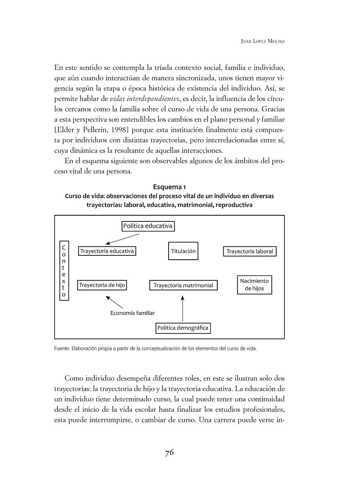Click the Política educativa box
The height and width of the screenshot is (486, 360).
pyautogui.click(x=148, y=226)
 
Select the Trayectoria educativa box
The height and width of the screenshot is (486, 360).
pyautogui.click(x=107, y=251)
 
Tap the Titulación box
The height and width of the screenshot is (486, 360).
pyautogui.click(x=183, y=251)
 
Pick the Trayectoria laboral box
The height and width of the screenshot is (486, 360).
pyautogui.click(x=250, y=252)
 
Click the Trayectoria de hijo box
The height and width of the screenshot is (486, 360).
pyautogui.click(x=102, y=285)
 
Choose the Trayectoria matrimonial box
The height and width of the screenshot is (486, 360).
pyautogui.click(x=183, y=286)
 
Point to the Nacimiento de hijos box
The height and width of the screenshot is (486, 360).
pyautogui.click(x=254, y=285)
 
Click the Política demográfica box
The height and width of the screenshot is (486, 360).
pyautogui.click(x=183, y=328)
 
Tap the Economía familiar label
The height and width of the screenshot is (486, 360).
pyautogui.click(x=133, y=313)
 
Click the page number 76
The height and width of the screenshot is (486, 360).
pyautogui.click(x=170, y=453)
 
